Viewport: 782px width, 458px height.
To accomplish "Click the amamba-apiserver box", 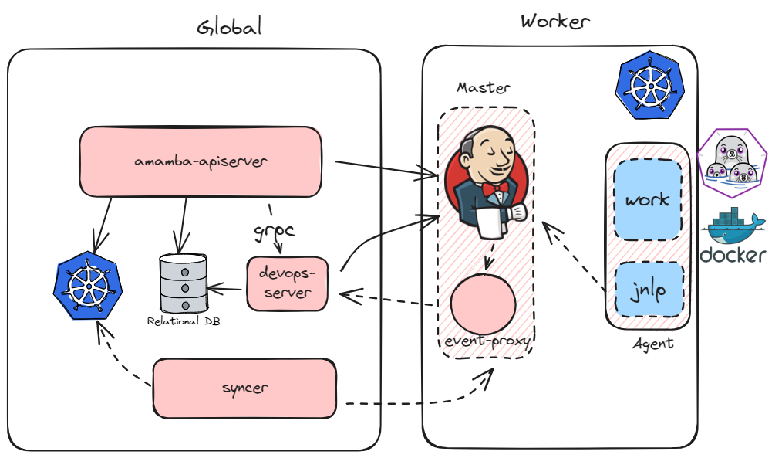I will click(x=201, y=161).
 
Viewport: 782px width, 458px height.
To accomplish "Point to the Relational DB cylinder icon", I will click(x=184, y=282).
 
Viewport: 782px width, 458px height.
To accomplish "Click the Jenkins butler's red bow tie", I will click(x=495, y=188).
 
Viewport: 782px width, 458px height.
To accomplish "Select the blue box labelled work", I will click(x=647, y=200).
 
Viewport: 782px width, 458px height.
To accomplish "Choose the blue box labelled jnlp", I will click(x=647, y=291).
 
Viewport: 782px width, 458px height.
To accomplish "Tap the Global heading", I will click(x=229, y=28).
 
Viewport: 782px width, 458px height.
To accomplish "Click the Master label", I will click(x=483, y=87).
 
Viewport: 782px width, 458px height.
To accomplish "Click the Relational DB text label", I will click(x=184, y=320).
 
